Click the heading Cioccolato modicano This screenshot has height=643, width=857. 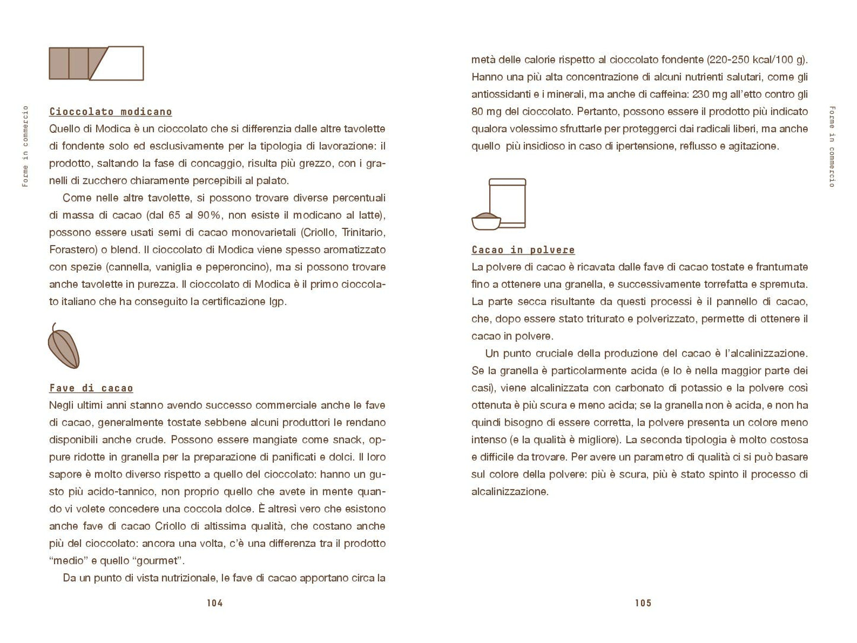pos(110,112)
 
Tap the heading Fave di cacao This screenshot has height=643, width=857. pos(91,388)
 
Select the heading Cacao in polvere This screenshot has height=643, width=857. pos(523,250)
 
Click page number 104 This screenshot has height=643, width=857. pos(214,603)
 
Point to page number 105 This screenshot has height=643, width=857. pos(643,603)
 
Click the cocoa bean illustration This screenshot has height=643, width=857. pos(63,346)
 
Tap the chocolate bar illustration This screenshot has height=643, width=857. pos(95,63)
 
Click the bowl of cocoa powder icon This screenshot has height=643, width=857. pos(486,221)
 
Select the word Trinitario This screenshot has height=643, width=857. pos(364,233)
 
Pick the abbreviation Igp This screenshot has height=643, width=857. pos(277,301)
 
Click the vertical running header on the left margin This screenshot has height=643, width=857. pos(25,147)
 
